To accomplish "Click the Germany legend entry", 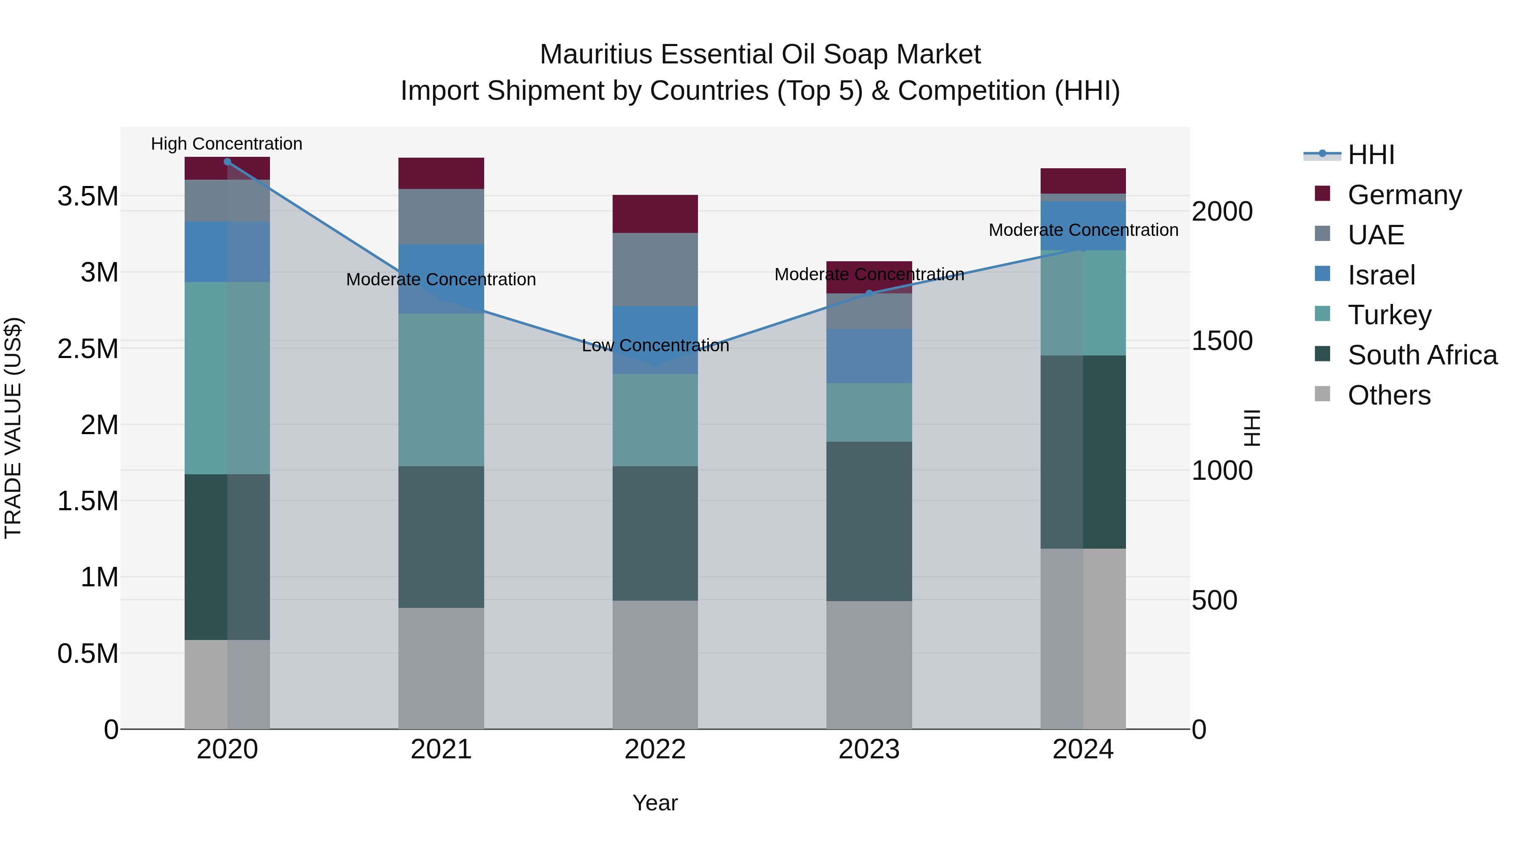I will pyautogui.click(x=1404, y=195).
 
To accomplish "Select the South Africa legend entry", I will pyautogui.click(x=1422, y=355).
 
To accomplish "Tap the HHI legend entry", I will pyautogui.click(x=1371, y=155).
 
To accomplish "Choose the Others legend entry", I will pyautogui.click(x=1389, y=395).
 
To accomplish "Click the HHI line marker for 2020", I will pyautogui.click(x=227, y=162).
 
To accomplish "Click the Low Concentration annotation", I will pyautogui.click(x=655, y=346).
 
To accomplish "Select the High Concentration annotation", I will pyautogui.click(x=227, y=144).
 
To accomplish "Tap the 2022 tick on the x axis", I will pyautogui.click(x=655, y=749).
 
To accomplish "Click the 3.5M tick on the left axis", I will pyautogui.click(x=88, y=196).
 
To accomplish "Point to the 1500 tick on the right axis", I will pyautogui.click(x=1221, y=341).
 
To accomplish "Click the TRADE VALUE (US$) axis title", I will pyautogui.click(x=13, y=428).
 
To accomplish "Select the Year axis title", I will pyautogui.click(x=655, y=803).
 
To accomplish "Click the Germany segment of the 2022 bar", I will pyautogui.click(x=655, y=214).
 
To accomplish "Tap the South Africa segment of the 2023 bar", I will pyautogui.click(x=869, y=521).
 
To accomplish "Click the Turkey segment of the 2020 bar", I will pyautogui.click(x=227, y=378).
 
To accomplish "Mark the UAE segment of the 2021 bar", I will pyautogui.click(x=441, y=216).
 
